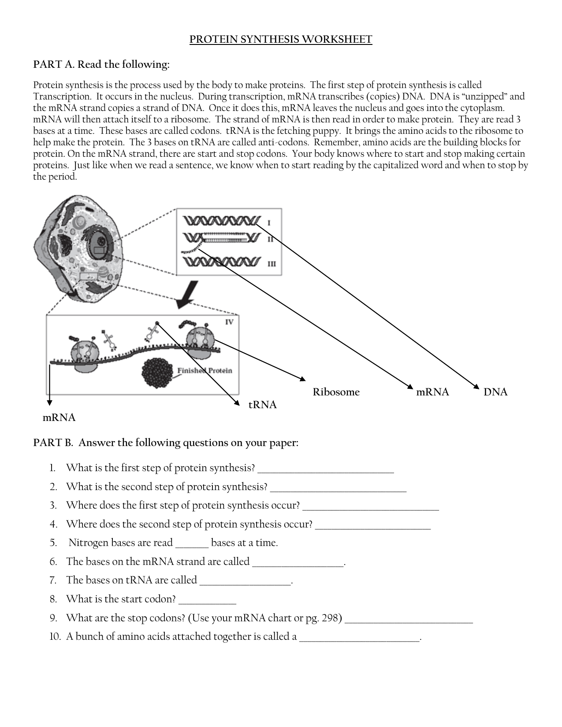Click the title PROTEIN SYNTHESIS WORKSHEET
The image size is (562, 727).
click(281, 40)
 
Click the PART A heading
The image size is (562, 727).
click(101, 65)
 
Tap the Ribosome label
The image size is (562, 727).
click(336, 392)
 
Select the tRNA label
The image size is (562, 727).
click(262, 405)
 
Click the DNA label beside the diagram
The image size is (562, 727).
click(495, 392)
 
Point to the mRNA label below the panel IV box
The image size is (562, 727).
click(59, 417)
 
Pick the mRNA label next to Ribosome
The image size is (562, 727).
click(432, 392)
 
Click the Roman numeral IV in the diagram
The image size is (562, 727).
click(229, 322)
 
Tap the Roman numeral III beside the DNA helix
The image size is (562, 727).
click(272, 264)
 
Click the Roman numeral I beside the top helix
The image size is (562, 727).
click(269, 223)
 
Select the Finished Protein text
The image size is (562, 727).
click(205, 370)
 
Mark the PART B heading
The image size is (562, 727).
click(166, 443)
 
